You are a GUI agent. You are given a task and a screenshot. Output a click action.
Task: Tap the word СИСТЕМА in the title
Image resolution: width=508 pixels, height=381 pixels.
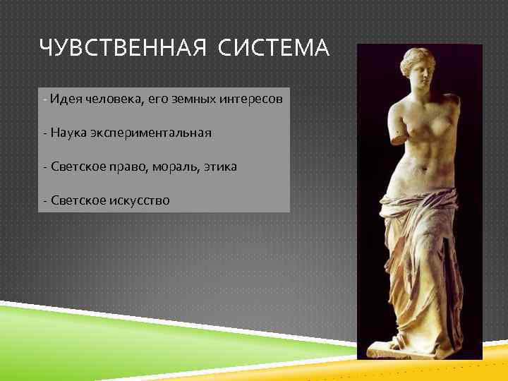point(274,49)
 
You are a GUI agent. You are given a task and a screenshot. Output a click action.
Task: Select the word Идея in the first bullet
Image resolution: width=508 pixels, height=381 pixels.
point(66,99)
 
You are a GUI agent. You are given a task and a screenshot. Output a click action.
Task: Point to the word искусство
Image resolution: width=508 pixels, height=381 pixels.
point(140,200)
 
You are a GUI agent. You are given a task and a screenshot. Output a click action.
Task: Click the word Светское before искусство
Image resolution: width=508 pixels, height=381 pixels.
point(78,200)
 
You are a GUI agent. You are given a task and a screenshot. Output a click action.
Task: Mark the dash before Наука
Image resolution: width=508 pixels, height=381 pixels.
point(44,133)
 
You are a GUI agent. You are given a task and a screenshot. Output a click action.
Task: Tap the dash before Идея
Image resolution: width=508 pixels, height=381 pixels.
point(44,99)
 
